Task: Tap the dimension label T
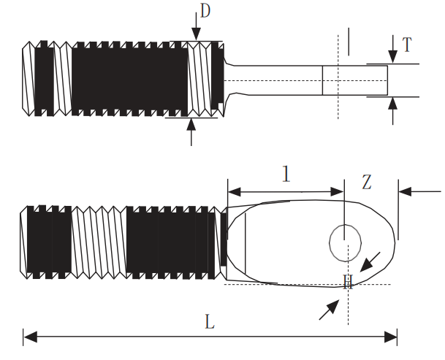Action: coord(406,45)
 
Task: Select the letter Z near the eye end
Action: coord(367,182)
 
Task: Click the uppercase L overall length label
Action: coord(209,322)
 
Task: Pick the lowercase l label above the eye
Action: coord(286,174)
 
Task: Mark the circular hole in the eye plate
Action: coord(345,242)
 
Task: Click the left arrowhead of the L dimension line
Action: coord(29,337)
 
